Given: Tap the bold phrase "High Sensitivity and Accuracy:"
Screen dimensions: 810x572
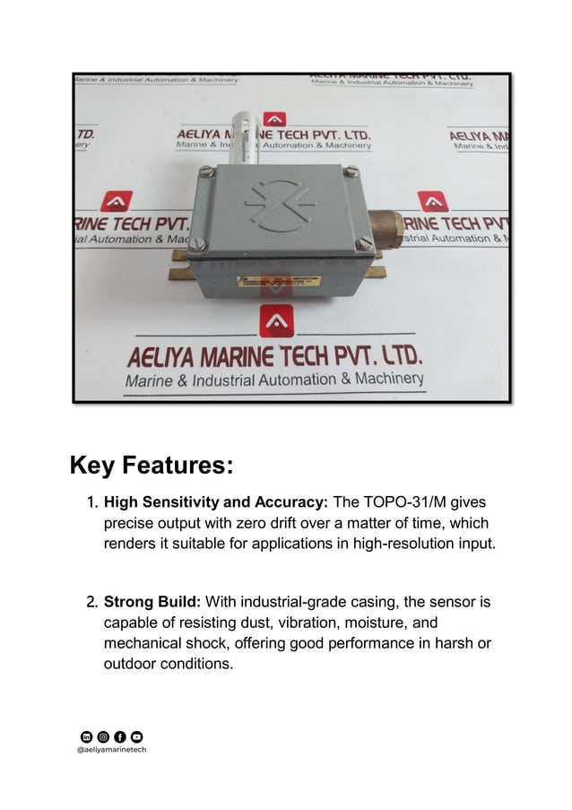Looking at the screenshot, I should tap(216, 503).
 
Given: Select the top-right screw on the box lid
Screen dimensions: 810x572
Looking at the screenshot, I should tap(351, 170).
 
